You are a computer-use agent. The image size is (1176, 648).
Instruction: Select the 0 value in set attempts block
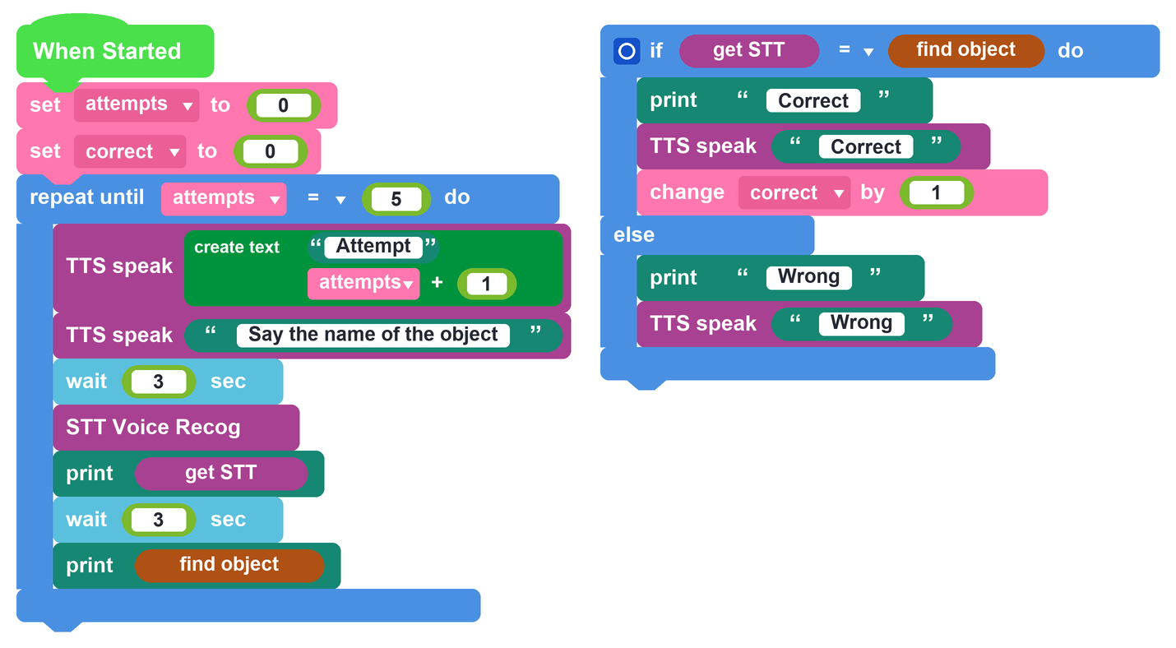pos(283,105)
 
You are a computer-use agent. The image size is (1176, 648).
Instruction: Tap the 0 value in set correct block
pos(270,151)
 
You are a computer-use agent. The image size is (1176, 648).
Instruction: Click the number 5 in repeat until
pos(396,198)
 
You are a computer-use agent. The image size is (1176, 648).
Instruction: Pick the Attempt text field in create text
pos(373,246)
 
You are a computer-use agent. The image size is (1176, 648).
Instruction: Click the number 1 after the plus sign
pos(486,284)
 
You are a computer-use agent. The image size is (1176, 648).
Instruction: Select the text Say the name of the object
pos(373,335)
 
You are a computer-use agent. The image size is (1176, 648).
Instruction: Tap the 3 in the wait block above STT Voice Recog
pos(159,382)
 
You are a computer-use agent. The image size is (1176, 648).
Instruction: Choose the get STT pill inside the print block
pos(221,473)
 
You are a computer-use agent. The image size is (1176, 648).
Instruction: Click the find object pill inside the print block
pos(229,565)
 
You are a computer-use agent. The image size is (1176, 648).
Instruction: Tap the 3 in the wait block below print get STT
pos(159,520)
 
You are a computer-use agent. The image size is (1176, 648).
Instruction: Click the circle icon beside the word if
pos(627,51)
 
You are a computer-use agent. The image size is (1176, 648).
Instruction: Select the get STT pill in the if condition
pos(749,51)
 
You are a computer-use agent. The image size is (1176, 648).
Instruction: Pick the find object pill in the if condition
pos(966,51)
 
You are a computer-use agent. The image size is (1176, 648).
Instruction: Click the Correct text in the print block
pos(813,100)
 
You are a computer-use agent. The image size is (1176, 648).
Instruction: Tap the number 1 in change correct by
pos(936,192)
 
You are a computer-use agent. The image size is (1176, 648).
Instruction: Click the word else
pos(634,234)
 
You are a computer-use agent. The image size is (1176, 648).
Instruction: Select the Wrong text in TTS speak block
pos(862,323)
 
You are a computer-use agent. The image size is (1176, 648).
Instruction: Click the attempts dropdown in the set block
pos(136,105)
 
